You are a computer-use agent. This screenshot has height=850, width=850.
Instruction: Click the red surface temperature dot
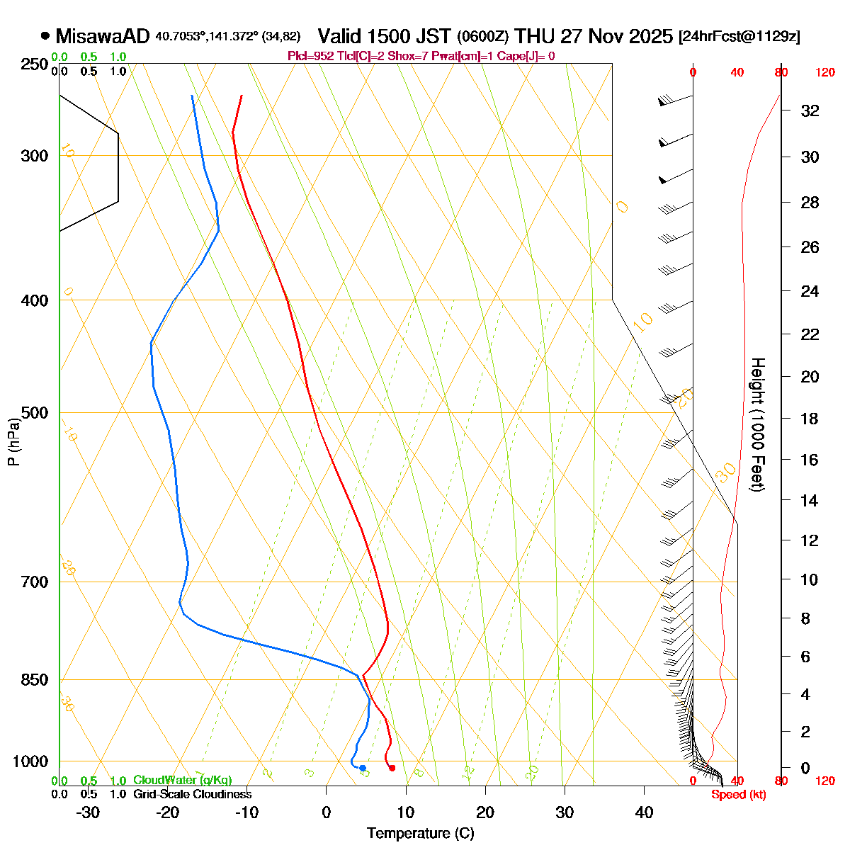click(392, 768)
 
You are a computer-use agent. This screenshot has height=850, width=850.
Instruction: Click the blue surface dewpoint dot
click(363, 768)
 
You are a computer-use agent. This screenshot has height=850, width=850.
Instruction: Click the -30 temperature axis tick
click(88, 812)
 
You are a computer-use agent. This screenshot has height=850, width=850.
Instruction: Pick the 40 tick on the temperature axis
click(644, 812)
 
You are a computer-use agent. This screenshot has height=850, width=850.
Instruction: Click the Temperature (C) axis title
click(420, 833)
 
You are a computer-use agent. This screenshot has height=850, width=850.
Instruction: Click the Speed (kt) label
click(739, 795)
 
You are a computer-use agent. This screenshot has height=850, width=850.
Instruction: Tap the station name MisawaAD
click(103, 36)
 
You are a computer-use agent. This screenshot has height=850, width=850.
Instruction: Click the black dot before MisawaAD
click(45, 35)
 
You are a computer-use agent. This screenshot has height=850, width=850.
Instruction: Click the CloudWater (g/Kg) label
click(183, 781)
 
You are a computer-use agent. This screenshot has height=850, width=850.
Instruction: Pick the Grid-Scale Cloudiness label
click(193, 795)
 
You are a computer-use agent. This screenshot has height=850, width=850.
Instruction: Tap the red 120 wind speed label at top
click(824, 72)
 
